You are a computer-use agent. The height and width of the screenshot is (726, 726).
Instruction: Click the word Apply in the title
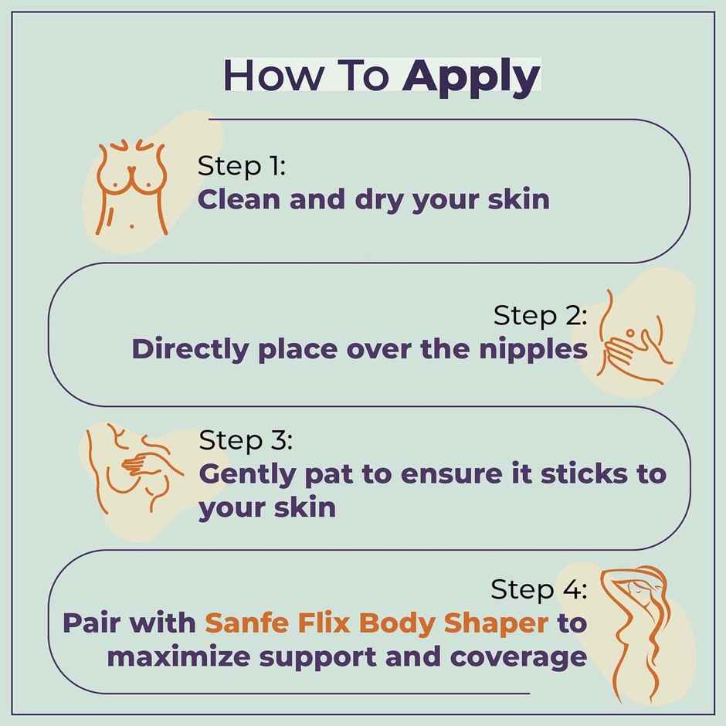click(471, 77)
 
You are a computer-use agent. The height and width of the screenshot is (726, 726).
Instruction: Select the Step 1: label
click(242, 166)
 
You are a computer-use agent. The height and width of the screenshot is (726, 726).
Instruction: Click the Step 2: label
click(540, 315)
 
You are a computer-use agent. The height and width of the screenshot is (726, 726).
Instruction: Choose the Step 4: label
click(538, 590)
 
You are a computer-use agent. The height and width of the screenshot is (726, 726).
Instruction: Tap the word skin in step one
click(518, 199)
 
